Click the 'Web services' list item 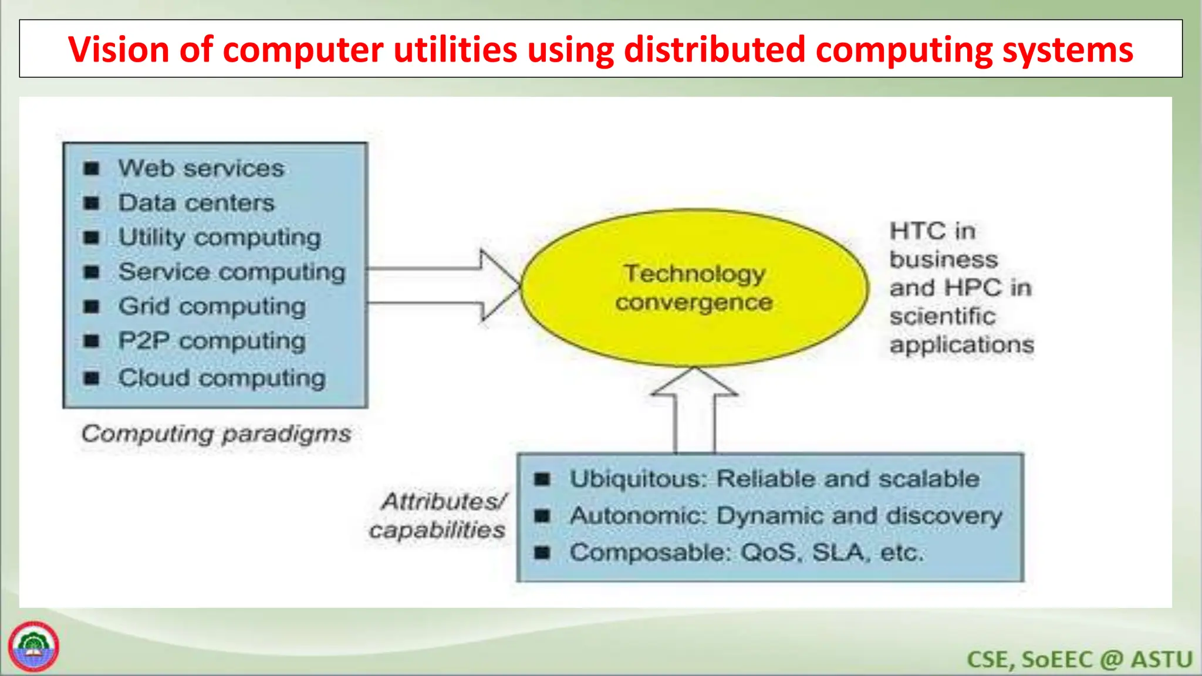tap(201, 168)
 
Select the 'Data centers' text tap(197, 203)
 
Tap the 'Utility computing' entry tap(220, 238)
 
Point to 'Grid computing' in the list tap(212, 306)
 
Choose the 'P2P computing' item tap(212, 341)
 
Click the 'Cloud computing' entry tap(222, 378)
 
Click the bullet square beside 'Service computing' tap(92, 272)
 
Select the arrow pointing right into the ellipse tap(446, 286)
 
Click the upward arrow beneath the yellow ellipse tap(695, 411)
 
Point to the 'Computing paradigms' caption tap(216, 434)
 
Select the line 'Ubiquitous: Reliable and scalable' tap(775, 479)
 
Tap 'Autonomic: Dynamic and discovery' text tap(786, 516)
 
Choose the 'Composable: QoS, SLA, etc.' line tap(747, 553)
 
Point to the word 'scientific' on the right tap(942, 316)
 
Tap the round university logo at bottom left tap(33, 646)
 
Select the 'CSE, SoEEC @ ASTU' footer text tap(1079, 659)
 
